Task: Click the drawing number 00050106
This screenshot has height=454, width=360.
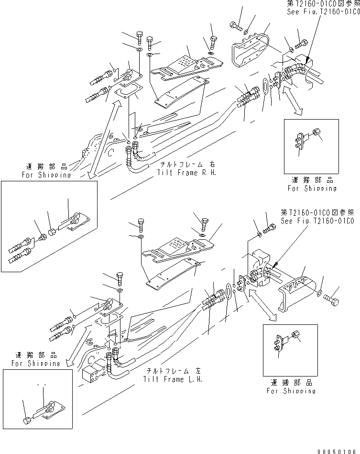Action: pyautogui.click(x=339, y=450)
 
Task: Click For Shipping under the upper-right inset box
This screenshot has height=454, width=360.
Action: pyautogui.click(x=312, y=188)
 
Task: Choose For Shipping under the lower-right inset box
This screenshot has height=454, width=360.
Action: pyautogui.click(x=291, y=390)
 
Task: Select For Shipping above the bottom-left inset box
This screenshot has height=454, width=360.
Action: pyautogui.click(x=36, y=364)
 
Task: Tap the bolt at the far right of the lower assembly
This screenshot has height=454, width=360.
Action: pyautogui.click(x=332, y=299)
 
